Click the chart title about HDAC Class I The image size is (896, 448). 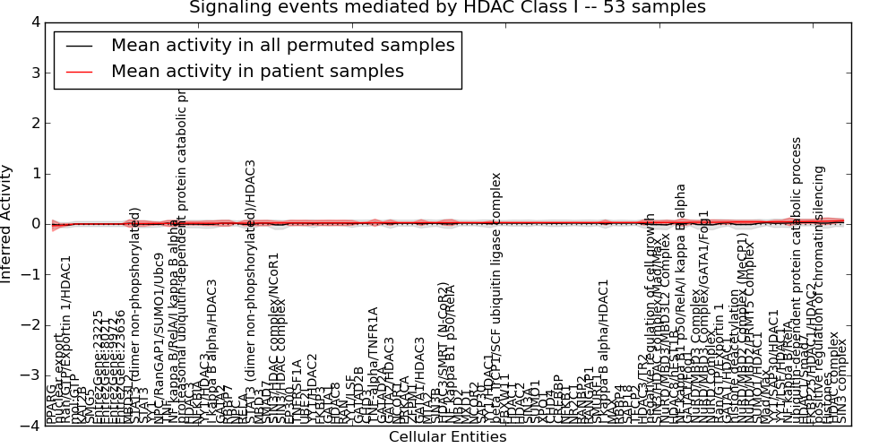point(447,8)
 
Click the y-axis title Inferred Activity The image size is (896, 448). point(8,224)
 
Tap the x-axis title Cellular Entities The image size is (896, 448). point(447,437)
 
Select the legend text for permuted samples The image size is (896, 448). point(282,46)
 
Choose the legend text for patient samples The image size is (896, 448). point(257,72)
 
